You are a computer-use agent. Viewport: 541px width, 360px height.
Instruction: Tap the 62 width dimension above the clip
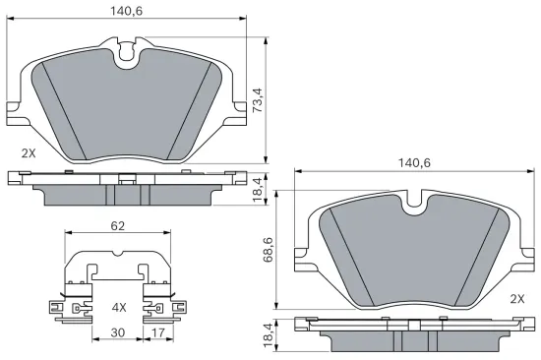pyautogui.click(x=117, y=226)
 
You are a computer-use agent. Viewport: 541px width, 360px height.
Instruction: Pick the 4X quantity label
pyautogui.click(x=119, y=308)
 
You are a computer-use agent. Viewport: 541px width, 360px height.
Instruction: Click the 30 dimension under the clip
pyautogui.click(x=117, y=333)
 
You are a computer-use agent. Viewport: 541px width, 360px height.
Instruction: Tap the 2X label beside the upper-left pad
pyautogui.click(x=29, y=154)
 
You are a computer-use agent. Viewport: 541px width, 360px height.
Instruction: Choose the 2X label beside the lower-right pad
pyautogui.click(x=516, y=298)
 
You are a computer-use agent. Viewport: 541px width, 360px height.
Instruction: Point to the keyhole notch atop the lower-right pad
pyautogui.click(x=415, y=203)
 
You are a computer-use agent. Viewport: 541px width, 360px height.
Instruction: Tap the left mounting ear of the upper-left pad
pyautogui.click(x=14, y=108)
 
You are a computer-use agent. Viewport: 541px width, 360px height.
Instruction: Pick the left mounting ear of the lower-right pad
pyautogui.click(x=303, y=259)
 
